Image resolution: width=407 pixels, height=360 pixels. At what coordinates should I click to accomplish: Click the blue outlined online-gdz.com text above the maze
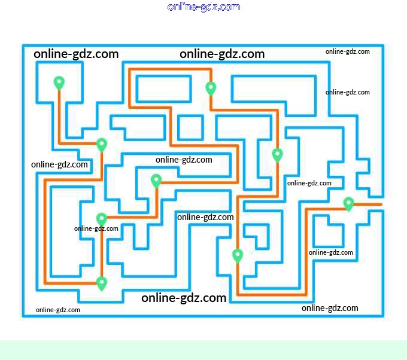click(204, 7)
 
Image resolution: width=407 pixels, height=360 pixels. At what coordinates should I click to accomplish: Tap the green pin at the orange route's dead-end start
click(59, 83)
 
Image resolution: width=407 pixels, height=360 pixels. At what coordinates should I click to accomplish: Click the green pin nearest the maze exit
click(349, 203)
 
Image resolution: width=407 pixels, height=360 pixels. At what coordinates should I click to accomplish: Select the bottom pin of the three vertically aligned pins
click(102, 283)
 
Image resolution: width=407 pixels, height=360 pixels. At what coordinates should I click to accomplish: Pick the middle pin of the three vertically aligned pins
click(102, 219)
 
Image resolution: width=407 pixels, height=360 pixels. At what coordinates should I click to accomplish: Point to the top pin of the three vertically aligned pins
click(102, 144)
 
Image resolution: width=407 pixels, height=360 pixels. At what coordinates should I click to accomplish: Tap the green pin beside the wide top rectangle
click(211, 88)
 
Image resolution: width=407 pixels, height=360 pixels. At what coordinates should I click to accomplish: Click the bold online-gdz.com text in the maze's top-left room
click(76, 54)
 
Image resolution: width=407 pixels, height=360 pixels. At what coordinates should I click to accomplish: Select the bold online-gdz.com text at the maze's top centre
click(222, 54)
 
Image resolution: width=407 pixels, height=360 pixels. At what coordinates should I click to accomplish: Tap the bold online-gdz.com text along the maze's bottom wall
click(184, 298)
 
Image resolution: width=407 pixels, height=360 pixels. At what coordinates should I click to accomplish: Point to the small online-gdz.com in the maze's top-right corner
click(348, 51)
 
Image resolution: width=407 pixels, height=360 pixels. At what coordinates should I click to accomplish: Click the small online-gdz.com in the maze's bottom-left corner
click(58, 310)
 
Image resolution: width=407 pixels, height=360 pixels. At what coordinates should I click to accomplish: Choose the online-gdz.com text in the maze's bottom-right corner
click(330, 308)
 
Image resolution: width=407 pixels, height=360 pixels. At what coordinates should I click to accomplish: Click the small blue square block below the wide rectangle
click(190, 127)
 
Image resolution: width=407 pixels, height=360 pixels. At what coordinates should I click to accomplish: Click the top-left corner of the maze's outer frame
click(23, 45)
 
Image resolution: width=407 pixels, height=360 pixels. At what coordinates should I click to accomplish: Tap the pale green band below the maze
click(203, 350)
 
